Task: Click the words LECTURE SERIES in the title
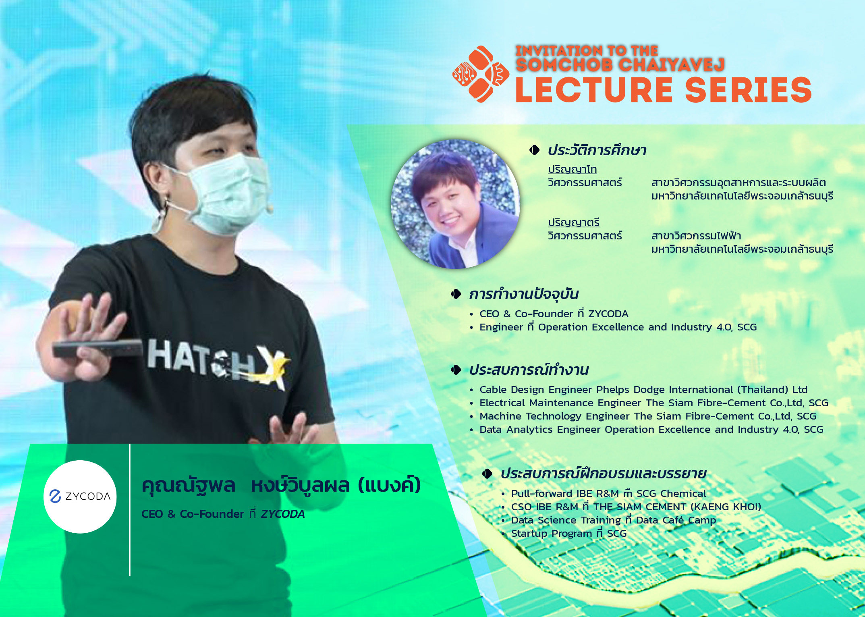tap(663, 89)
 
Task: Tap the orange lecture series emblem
tap(481, 74)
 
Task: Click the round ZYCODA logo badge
tap(80, 497)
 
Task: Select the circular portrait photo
tap(455, 204)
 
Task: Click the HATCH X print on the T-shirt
tap(218, 363)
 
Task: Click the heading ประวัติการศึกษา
tap(597, 150)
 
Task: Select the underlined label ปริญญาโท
tap(572, 169)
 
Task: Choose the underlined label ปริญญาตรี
tap(573, 222)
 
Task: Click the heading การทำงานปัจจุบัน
tap(524, 294)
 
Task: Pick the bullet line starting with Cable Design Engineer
tap(643, 390)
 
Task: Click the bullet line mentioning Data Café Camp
tap(613, 520)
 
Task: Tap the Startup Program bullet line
tap(568, 534)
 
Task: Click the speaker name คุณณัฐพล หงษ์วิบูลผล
tap(281, 485)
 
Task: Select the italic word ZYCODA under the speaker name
tap(282, 514)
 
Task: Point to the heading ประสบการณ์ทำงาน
tap(529, 370)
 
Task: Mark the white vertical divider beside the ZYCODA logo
tap(130, 510)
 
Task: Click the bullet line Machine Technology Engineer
tap(647, 416)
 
